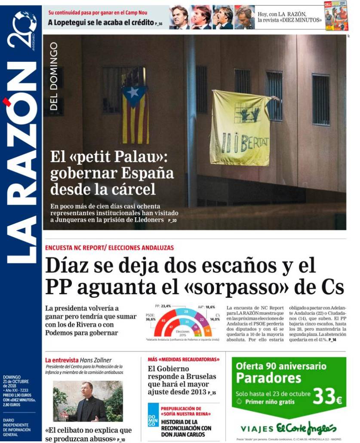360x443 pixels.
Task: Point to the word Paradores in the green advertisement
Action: pos(268,379)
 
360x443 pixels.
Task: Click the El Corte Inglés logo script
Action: pos(306,428)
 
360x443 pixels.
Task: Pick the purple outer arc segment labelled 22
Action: pos(202,320)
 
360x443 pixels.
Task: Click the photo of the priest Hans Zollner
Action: pos(88,401)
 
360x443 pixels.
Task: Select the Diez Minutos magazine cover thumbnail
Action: pos(335,16)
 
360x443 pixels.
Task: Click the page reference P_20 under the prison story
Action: pos(172,220)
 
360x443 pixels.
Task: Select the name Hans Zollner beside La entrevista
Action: pos(95,360)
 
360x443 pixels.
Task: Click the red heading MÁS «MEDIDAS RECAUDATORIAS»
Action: pos(183,359)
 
